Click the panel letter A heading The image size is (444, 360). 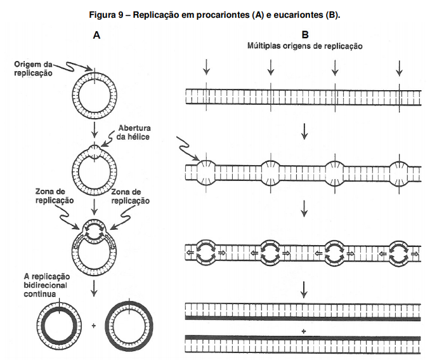click(96, 36)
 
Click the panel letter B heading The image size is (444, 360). click(306, 36)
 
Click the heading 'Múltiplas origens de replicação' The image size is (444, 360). click(305, 46)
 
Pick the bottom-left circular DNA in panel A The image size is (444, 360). click(58, 324)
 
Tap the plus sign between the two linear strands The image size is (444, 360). click(304, 331)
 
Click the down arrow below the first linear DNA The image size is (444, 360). click(305, 131)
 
